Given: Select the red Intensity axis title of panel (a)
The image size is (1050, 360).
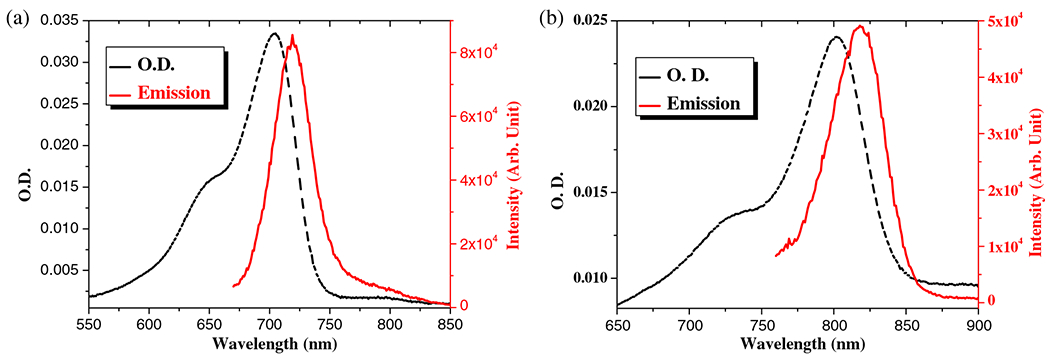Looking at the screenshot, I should (x=514, y=180).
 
